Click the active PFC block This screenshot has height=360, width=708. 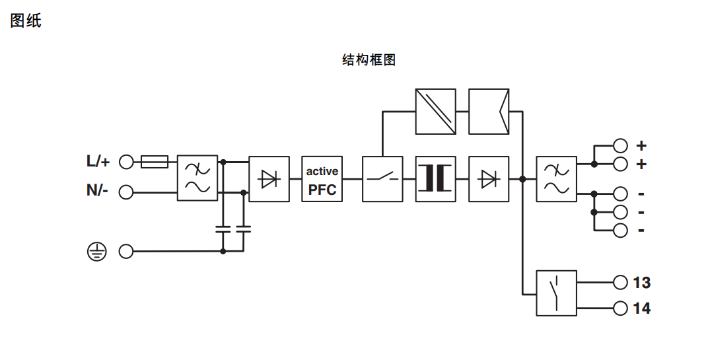pos(322,179)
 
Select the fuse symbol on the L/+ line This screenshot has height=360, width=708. pos(155,161)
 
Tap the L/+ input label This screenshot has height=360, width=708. pos(98,161)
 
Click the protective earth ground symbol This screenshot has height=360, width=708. pos(96,251)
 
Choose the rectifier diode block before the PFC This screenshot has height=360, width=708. pos(269,179)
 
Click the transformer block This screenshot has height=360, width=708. pos(436,179)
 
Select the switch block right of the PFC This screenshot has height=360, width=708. pos(382,179)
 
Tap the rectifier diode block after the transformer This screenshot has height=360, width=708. pos(489,179)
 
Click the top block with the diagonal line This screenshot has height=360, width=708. pos(436,112)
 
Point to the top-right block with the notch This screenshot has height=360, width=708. pos(489,112)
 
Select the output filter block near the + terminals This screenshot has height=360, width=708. pos(556,179)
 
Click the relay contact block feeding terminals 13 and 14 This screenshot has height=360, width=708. pos(556,293)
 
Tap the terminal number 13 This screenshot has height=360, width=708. pos(641,283)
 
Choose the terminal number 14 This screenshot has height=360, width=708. pos(641,308)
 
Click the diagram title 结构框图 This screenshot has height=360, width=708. pos(369,60)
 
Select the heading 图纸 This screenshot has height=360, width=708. pos(26,20)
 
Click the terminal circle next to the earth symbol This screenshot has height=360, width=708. pos(125,251)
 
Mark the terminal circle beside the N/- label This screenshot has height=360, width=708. pos(125,192)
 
